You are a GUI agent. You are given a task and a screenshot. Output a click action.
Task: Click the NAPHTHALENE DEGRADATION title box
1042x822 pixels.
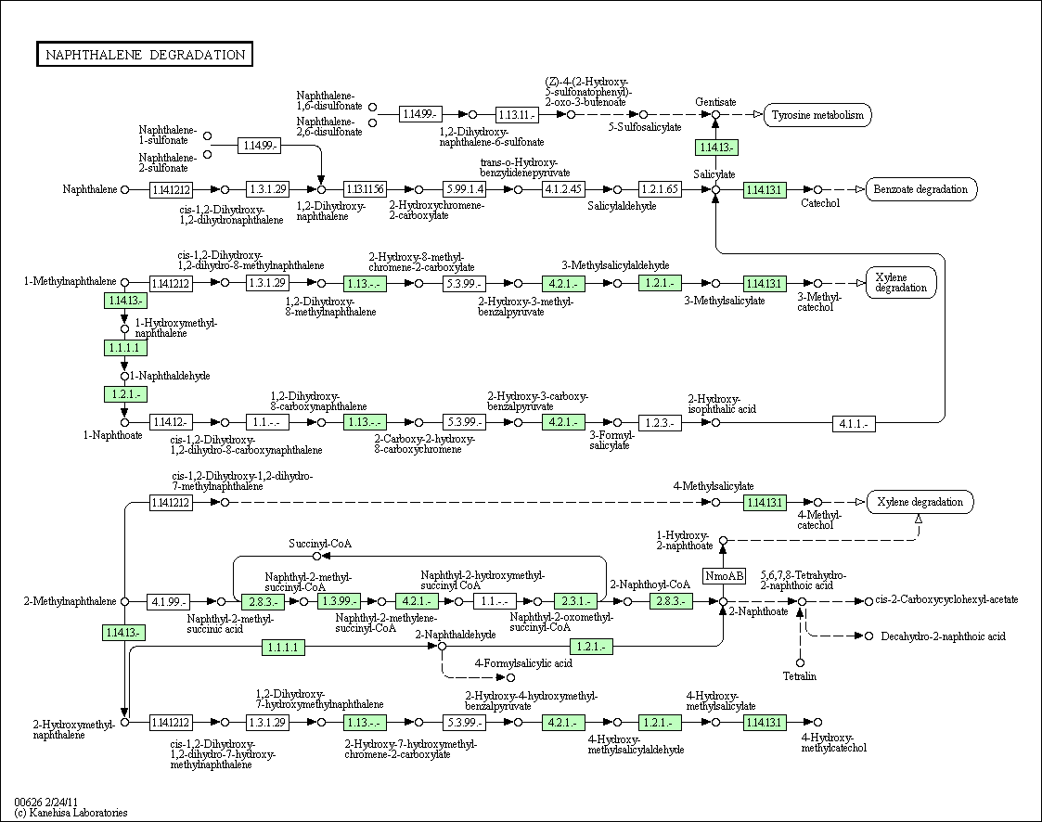(144, 55)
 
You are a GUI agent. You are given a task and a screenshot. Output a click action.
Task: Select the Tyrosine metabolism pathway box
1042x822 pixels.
(817, 115)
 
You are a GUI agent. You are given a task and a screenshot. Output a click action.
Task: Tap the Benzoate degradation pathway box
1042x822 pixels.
(920, 189)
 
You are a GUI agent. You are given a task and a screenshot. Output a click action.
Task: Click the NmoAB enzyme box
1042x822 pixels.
(725, 575)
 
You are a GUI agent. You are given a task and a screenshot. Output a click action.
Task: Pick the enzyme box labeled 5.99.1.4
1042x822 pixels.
(465, 189)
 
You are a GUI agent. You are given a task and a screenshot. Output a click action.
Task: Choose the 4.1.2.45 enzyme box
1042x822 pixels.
(563, 189)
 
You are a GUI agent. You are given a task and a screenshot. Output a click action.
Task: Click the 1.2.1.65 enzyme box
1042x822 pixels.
(660, 189)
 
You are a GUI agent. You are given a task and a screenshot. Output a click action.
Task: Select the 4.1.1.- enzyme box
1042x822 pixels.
(854, 423)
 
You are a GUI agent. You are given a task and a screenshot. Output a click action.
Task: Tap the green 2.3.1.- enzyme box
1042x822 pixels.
(576, 601)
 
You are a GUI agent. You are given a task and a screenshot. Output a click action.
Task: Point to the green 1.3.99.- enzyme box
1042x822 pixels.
(339, 601)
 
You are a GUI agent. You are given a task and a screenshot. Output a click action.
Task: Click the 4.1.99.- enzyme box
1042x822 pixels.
(168, 602)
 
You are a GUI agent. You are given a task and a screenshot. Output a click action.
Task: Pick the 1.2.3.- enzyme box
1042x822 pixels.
(660, 423)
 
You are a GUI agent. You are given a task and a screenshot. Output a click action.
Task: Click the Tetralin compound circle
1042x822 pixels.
(800, 662)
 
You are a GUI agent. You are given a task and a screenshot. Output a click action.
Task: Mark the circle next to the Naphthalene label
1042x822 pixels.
(124, 189)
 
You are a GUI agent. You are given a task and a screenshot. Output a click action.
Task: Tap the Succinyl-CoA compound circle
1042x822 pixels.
(317, 556)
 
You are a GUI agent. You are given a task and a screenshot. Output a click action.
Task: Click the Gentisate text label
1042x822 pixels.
(715, 102)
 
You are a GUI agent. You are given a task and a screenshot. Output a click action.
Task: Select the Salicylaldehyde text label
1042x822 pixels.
(622, 206)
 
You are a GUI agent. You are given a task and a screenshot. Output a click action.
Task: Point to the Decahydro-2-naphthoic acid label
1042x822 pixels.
(943, 636)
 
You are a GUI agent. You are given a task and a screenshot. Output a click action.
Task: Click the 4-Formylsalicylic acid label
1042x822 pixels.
(523, 663)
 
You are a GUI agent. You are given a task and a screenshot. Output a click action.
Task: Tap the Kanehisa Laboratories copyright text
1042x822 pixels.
(71, 812)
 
